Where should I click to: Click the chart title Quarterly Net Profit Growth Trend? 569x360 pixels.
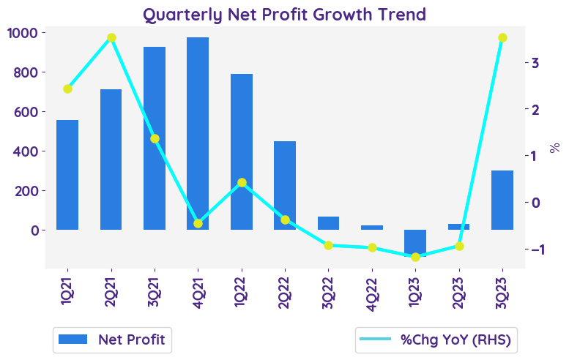point(284,14)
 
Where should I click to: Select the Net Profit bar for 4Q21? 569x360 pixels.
point(198,133)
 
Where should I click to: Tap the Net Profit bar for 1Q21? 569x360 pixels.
point(67,175)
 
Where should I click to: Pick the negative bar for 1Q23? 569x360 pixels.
point(415,242)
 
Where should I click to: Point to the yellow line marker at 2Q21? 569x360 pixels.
point(111,38)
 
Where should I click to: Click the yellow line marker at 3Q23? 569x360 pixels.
point(502,38)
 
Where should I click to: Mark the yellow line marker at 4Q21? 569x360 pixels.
point(198,223)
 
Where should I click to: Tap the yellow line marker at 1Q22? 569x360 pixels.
point(242,182)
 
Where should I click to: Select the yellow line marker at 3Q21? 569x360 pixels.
point(155,138)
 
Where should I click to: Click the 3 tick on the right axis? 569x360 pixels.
point(536,63)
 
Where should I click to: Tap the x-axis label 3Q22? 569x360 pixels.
point(328,292)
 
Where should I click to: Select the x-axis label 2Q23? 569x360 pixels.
point(459,292)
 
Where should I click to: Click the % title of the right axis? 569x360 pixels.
point(555,149)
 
